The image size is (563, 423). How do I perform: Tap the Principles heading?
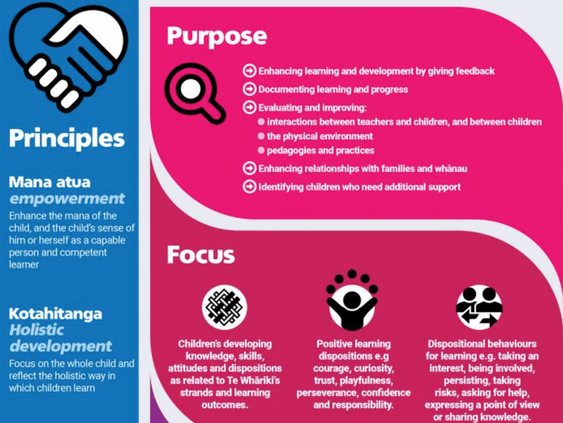click(67, 138)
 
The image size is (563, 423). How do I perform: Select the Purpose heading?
click(217, 36)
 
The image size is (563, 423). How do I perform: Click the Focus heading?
click(200, 254)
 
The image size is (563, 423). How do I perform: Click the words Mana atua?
click(50, 182)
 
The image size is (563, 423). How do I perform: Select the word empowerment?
click(67, 198)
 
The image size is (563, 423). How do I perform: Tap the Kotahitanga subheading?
click(55, 313)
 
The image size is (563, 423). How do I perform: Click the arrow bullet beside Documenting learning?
click(249, 89)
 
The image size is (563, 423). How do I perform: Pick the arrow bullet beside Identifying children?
click(249, 187)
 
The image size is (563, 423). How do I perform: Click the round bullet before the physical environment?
click(261, 136)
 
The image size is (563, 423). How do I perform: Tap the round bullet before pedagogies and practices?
click(261, 151)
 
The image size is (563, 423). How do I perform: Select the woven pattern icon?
click(224, 307)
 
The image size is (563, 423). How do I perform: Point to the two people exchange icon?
click(479, 307)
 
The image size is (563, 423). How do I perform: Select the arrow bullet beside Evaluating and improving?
click(249, 107)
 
